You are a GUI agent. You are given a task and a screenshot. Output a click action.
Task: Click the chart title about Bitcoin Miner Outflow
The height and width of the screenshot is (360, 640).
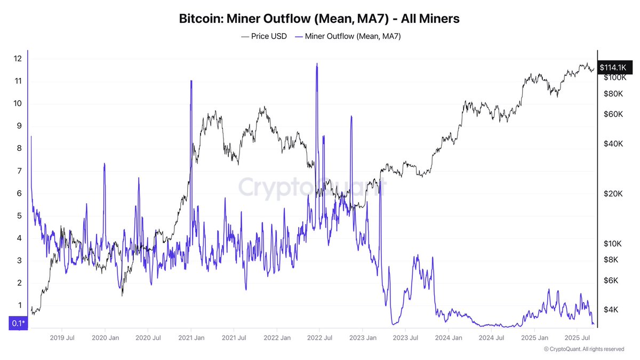319,19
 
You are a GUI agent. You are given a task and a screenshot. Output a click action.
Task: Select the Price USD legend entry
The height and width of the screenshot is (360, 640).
264,36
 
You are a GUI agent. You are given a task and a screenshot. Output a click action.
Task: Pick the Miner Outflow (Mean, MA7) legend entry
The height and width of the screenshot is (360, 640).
347,36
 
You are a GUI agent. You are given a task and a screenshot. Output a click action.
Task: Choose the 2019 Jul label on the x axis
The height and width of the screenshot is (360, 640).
62,338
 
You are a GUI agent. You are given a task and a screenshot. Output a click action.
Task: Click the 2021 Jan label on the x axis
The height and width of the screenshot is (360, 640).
191,338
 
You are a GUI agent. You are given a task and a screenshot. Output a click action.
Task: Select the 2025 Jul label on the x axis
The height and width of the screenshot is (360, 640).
577,338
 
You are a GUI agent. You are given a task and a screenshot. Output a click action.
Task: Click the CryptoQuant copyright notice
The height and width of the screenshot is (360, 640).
584,349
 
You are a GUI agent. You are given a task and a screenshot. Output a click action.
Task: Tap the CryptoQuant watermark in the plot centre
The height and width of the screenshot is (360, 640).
312,188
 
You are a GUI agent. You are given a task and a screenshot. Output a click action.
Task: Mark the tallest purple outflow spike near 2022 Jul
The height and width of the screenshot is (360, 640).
317,63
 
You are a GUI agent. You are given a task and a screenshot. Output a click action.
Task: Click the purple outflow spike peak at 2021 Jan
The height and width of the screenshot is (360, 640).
191,81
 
